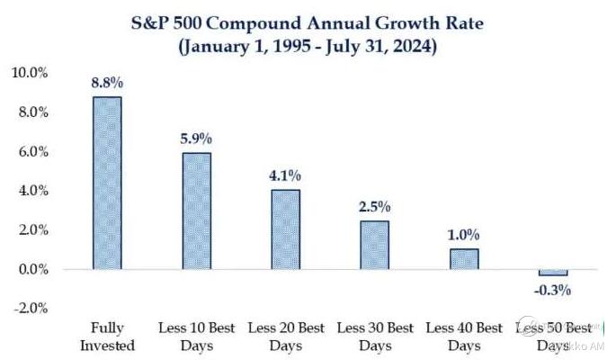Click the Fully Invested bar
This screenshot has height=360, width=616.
(x=107, y=183)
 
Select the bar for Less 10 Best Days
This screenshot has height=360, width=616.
(x=196, y=211)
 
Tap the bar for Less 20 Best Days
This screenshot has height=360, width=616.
(x=286, y=229)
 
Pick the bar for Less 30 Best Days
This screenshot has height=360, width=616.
(x=375, y=245)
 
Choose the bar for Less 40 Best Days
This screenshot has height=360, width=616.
(x=464, y=259)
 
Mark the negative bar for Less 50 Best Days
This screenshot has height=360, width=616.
(x=553, y=273)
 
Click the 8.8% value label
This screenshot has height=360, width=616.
(x=107, y=83)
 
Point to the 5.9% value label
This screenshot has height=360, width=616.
(x=196, y=139)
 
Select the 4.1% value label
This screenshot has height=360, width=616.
(x=286, y=175)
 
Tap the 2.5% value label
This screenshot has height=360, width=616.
(x=375, y=206)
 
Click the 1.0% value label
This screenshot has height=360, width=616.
(x=464, y=235)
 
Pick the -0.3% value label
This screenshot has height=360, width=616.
(x=553, y=290)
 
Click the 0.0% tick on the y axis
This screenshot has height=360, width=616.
(x=31, y=269)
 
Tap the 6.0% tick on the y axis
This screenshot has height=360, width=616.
(x=31, y=151)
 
